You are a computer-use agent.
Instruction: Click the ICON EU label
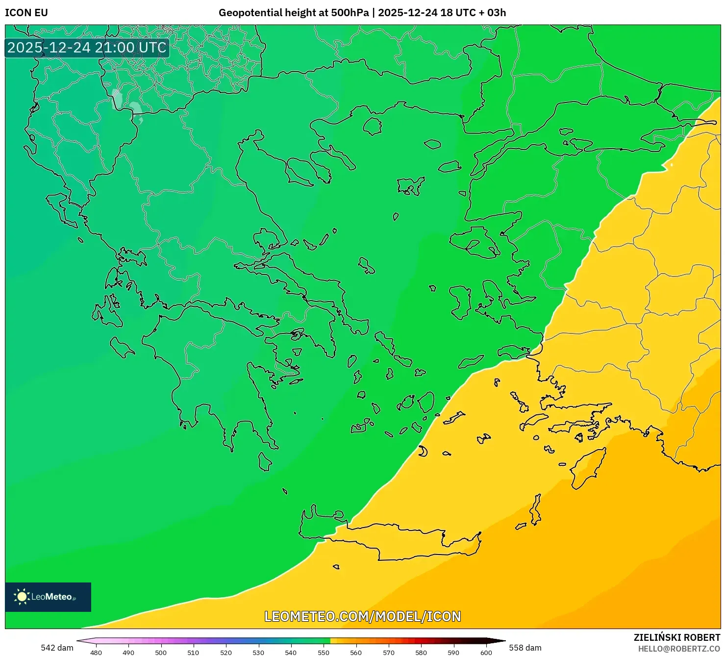tap(26, 13)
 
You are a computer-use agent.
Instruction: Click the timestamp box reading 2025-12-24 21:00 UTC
tap(87, 48)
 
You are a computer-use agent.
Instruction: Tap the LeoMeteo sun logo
tap(22, 597)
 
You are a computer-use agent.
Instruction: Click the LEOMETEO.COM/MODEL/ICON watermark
tap(363, 616)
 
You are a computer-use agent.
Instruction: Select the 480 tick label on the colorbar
tap(96, 653)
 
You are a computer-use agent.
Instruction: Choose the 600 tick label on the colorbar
tap(486, 653)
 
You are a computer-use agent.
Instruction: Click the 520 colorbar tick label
tap(226, 653)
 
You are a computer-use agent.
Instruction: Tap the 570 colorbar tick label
tap(389, 653)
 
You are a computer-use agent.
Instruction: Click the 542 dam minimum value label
tap(57, 648)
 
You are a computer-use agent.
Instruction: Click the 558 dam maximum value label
tap(525, 648)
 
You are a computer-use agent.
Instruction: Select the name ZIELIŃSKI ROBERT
tap(676, 637)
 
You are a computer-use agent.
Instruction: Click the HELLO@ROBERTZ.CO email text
tap(679, 649)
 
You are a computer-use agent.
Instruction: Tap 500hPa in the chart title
tap(349, 13)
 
